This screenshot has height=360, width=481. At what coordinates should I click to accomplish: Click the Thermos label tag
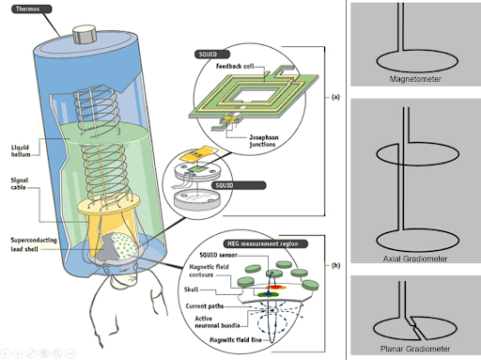(32, 8)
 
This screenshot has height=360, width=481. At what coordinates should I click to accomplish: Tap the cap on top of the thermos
(85, 34)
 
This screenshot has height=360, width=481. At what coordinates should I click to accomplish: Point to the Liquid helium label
(21, 150)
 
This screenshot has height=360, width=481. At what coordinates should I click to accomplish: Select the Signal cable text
(20, 183)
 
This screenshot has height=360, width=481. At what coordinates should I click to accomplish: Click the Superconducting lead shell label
(34, 244)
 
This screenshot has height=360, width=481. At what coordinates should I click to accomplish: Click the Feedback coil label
(235, 66)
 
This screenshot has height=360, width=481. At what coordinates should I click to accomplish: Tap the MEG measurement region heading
(266, 243)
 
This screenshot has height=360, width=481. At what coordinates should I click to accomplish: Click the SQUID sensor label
(218, 255)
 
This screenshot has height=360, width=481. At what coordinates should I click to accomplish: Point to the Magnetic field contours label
(209, 271)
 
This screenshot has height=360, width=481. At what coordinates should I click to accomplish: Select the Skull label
(191, 290)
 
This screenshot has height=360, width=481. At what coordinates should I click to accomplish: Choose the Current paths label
(205, 306)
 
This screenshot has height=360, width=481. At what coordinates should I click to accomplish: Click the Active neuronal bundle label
(217, 322)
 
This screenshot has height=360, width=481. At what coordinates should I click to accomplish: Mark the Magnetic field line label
(236, 340)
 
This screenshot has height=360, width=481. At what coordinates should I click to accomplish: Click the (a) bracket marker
(335, 97)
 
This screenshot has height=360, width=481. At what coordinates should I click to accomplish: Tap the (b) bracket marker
(335, 266)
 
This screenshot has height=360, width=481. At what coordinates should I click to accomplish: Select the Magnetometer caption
(415, 79)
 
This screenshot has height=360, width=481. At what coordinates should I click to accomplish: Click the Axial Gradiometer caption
(415, 258)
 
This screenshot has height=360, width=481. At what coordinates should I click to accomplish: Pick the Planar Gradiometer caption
(415, 349)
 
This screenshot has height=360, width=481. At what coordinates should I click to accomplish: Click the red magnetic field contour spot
(275, 287)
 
